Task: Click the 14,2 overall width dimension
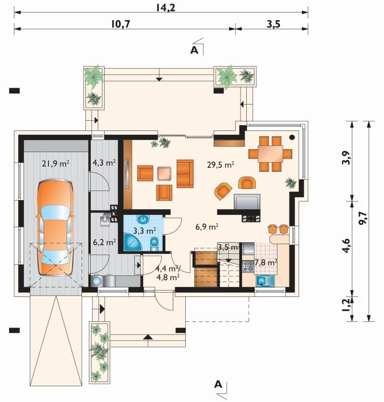coord(166,8)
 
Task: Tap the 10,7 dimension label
coord(121,24)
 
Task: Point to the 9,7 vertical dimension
coord(362,219)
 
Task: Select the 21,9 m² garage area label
coord(56,163)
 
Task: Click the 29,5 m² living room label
coord(221,165)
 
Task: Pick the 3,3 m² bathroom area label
coord(144,231)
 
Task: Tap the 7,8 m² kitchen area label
coord(265,262)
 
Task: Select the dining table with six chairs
coord(270,154)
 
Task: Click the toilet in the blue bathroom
coord(154,244)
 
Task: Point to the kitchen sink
coord(265,281)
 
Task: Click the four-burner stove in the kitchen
coord(248,266)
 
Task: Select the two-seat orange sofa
coord(185,174)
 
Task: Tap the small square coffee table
coord(164,173)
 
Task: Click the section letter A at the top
coord(194,50)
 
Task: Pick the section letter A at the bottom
coord(218,384)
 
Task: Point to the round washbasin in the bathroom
coord(143,219)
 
